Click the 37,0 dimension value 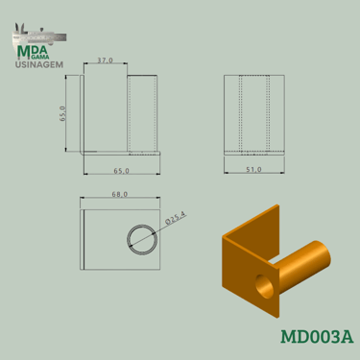pyautogui.click(x=105, y=60)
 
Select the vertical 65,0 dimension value pyautogui.click(x=62, y=113)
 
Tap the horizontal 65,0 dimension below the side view pyautogui.click(x=122, y=171)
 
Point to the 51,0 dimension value pyautogui.click(x=253, y=170)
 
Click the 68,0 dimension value pyautogui.click(x=120, y=194)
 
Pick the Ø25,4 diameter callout pyautogui.click(x=176, y=219)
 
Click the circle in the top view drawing pyautogui.click(x=142, y=240)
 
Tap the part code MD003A pyautogui.click(x=317, y=337)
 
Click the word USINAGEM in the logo pyautogui.click(x=39, y=64)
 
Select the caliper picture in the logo pyautogui.click(x=39, y=36)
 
